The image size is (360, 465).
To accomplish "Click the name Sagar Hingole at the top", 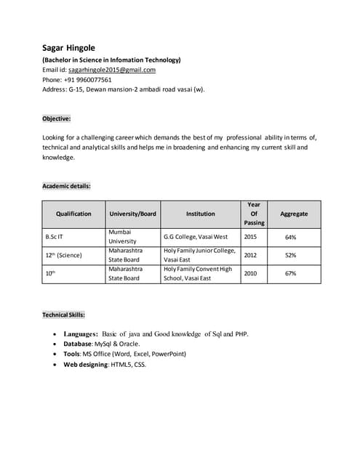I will click(73, 48).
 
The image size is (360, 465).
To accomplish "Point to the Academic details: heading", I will click(66, 186).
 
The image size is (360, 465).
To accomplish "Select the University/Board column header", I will click(133, 214).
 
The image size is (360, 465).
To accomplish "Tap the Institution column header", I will click(200, 214).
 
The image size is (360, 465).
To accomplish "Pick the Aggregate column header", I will click(294, 214).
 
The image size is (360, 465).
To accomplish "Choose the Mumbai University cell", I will click(121, 236).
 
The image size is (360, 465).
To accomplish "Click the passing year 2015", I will click(250, 237).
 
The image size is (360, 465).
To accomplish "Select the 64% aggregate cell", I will click(290, 237).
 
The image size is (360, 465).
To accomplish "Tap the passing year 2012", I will click(250, 255).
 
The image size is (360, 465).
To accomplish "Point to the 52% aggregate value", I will click(290, 255).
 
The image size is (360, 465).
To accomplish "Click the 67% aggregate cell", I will click(290, 273).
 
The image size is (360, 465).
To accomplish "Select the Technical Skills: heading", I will click(63, 315).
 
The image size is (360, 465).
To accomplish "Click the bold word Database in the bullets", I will click(77, 344).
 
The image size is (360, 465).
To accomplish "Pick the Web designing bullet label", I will click(86, 364).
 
